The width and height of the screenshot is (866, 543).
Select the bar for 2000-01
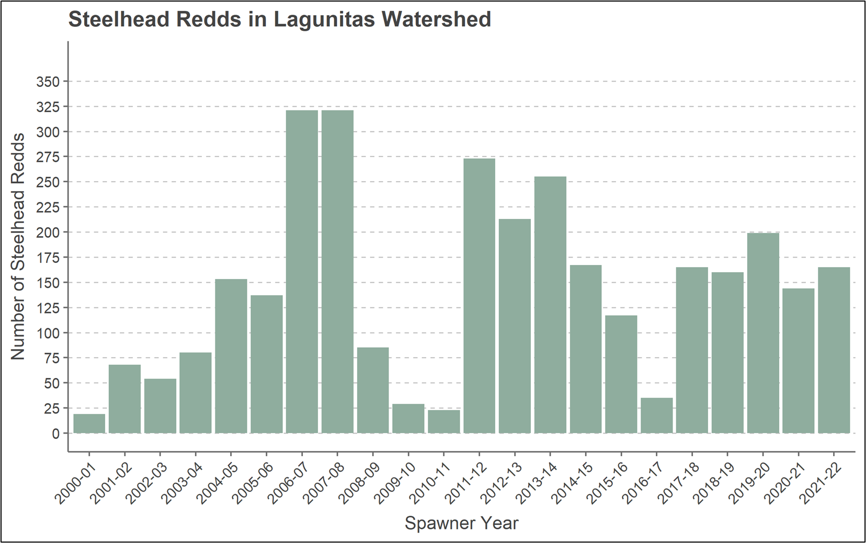[89, 424]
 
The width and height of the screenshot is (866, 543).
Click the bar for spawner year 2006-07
[302, 272]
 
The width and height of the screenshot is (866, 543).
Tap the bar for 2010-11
[444, 422]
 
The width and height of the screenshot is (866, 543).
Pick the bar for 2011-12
[479, 296]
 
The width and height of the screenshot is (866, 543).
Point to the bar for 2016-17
[656, 416]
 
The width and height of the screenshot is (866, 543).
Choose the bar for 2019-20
[763, 333]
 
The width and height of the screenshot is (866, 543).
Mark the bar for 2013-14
[550, 305]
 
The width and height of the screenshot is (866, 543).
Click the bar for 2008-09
[373, 391]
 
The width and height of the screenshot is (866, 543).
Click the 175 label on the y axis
[48, 258]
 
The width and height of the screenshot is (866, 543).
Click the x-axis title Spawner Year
[461, 523]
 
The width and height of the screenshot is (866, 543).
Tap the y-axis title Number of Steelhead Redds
[18, 246]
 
